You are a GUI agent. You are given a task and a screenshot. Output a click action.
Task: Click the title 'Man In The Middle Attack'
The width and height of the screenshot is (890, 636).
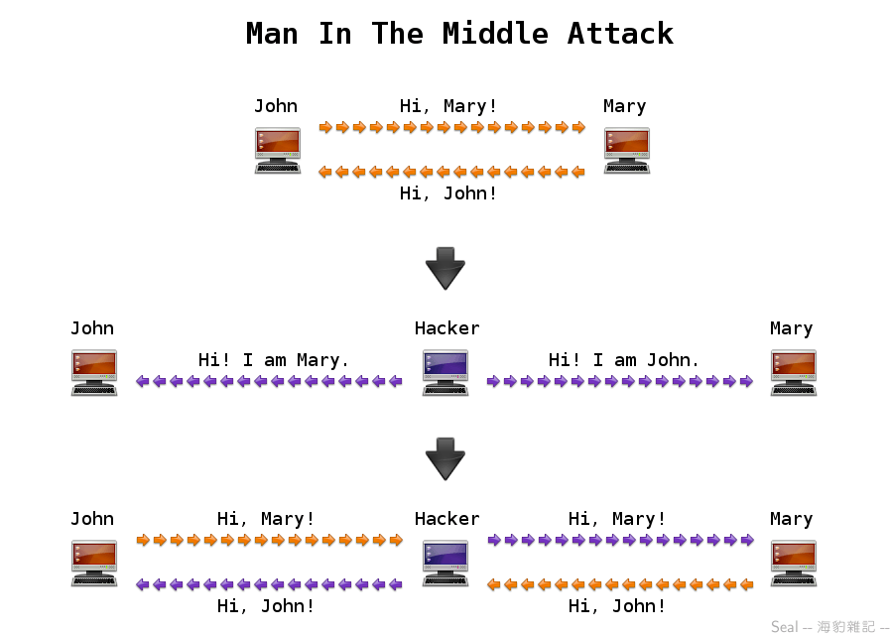459,34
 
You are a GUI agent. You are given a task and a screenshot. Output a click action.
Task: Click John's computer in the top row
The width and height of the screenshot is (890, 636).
278,150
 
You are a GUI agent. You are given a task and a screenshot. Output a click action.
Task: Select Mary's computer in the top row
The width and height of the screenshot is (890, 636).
627,150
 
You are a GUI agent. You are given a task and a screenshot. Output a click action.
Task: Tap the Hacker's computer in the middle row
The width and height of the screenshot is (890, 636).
445,372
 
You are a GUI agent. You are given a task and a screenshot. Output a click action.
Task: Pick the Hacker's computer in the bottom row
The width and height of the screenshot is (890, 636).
445,563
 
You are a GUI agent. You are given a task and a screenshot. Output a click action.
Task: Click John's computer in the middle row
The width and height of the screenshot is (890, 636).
94,372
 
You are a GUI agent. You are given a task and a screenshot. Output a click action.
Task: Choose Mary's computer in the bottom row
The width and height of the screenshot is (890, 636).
794,563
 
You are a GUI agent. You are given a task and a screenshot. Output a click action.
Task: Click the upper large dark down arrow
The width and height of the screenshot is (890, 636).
445,268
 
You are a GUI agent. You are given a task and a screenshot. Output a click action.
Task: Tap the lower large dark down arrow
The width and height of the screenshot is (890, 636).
445,458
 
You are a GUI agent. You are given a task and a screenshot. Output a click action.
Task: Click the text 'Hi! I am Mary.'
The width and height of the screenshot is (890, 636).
274,360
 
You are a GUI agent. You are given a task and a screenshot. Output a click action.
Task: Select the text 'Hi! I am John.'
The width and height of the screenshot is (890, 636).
624,360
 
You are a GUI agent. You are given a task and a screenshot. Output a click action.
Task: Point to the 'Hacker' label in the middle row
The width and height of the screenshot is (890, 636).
446,328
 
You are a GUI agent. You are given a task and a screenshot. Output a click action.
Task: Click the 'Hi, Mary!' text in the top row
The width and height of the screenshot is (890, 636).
448,106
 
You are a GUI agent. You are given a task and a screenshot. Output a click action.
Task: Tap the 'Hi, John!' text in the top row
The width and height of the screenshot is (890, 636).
448,193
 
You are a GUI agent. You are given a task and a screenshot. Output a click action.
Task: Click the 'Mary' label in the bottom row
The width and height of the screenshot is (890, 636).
791,519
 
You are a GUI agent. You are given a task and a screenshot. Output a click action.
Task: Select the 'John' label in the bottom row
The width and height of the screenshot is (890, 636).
92,519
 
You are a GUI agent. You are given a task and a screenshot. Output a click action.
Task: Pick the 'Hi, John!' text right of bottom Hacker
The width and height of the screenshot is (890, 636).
617,606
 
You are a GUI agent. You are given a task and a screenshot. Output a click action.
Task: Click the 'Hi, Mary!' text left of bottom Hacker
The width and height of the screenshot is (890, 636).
266,519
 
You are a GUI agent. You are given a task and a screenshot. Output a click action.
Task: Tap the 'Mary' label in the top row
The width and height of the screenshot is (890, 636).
624,106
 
